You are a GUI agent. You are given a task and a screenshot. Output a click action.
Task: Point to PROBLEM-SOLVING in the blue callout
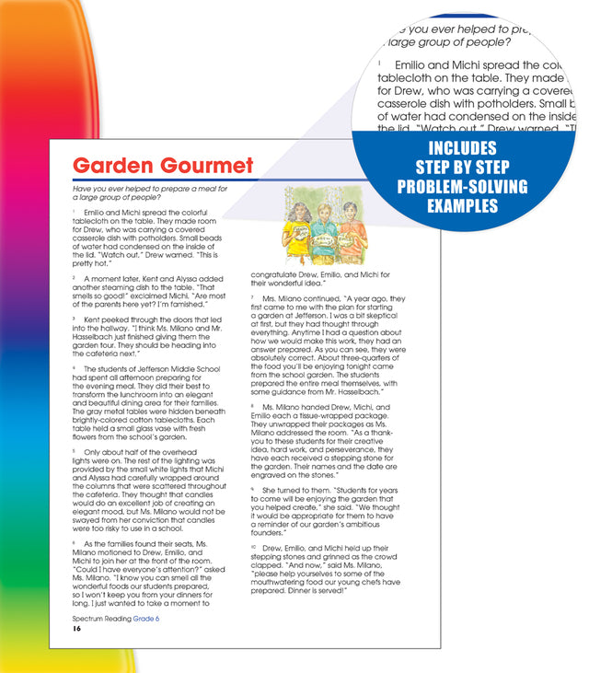[462, 187]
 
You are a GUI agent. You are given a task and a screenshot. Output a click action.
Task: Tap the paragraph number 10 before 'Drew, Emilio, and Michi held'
[253, 547]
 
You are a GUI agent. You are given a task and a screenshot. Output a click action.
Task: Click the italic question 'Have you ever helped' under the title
[111, 188]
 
